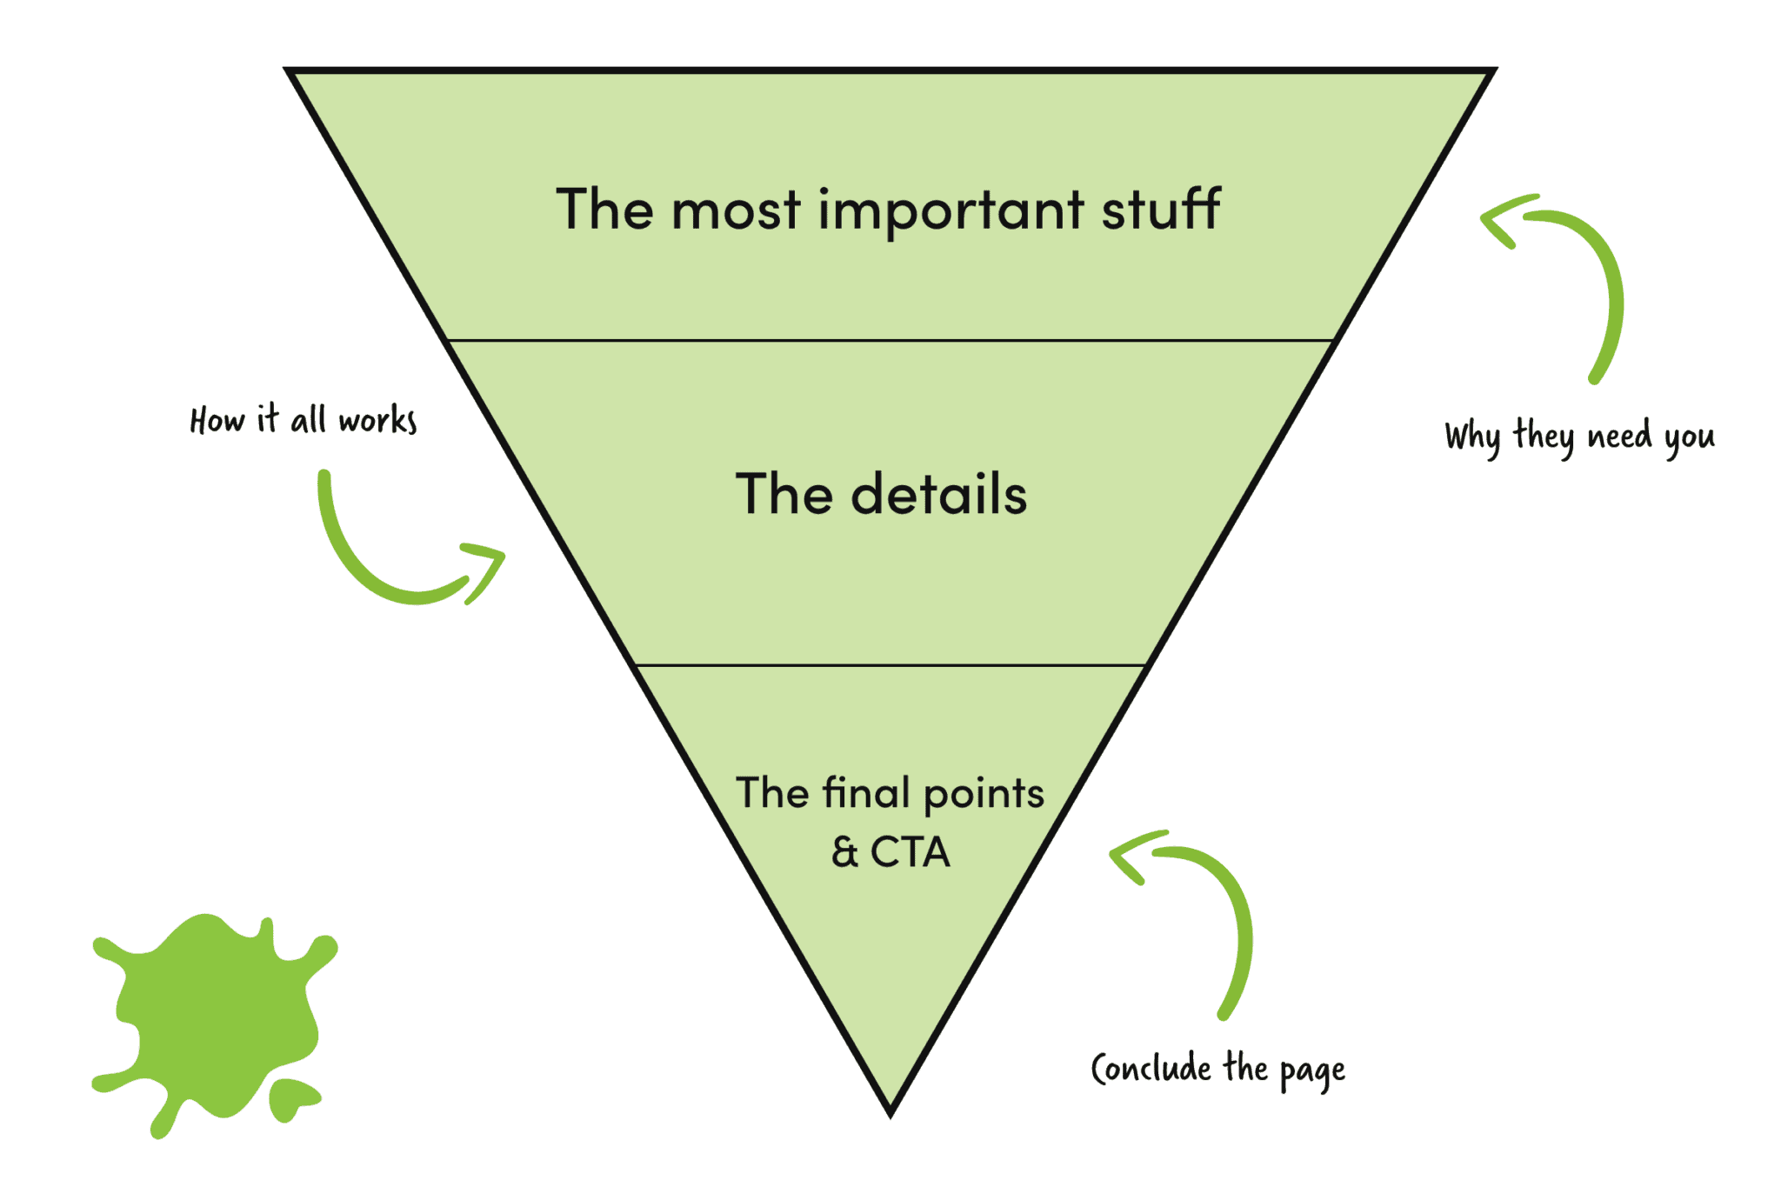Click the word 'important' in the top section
pos(951,210)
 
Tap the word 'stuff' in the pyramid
pos(1161,209)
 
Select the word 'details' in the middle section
pos(939,494)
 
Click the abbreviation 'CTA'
pos(910,852)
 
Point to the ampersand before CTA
pos(844,852)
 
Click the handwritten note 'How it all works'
pos(304,419)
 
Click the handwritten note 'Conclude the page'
pos(1217,1070)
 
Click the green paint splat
pos(213,1022)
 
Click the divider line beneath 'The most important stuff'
pos(890,340)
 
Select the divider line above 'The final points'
pos(890,665)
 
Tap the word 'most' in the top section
pos(736,212)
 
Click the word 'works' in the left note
pos(378,420)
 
